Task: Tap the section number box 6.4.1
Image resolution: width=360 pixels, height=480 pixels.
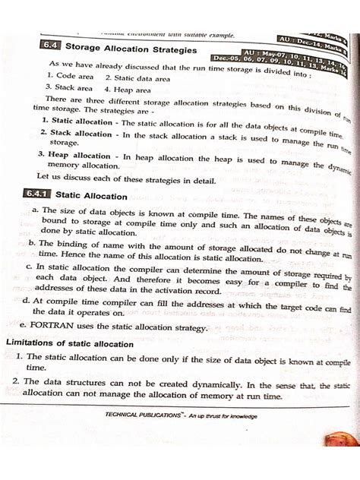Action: [52, 195]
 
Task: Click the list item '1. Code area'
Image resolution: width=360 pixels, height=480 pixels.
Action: [70, 76]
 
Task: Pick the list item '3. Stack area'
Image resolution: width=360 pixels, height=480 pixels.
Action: [71, 88]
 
